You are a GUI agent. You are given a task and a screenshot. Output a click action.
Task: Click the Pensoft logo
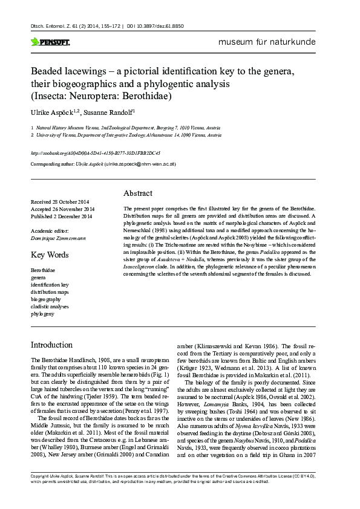[50, 42]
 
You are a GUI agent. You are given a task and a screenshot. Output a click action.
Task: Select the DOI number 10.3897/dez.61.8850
[163, 27]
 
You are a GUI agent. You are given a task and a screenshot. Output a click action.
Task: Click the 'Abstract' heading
[137, 193]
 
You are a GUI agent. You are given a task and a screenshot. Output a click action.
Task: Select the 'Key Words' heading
[50, 254]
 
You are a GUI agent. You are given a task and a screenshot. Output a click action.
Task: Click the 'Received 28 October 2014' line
[61, 201]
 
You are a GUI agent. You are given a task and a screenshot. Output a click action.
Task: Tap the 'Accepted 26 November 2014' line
[62, 209]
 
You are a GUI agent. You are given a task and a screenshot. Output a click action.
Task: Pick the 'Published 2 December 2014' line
[62, 216]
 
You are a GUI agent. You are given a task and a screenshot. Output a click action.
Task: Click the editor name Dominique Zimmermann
[58, 238]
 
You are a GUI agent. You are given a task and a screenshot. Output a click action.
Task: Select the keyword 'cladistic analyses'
[50, 306]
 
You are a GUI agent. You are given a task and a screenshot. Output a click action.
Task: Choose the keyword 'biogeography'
[45, 299]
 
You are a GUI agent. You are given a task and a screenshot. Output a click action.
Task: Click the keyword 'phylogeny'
[42, 314]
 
